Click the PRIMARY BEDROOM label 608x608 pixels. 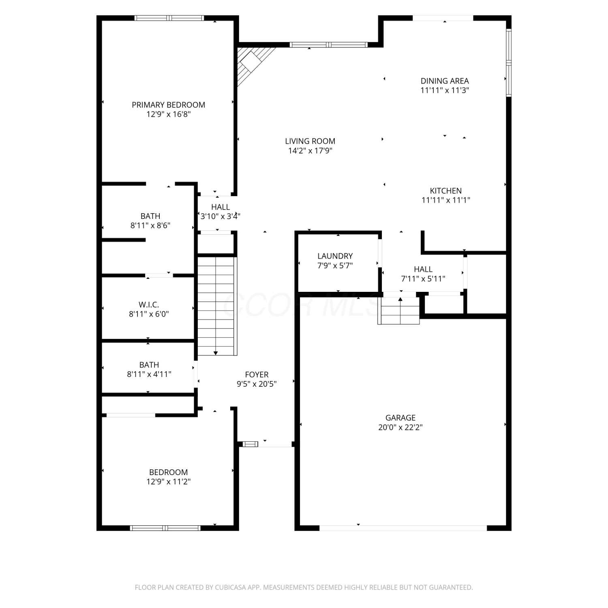tap(168, 105)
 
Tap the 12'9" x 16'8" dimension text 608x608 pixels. tap(168, 114)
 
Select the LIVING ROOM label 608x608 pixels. tap(310, 141)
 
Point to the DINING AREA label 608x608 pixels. tap(445, 81)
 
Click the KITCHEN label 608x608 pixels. tap(446, 191)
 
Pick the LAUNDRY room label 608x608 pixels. tap(335, 256)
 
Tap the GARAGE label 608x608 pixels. tap(400, 417)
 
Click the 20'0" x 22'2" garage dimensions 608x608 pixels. tap(400, 427)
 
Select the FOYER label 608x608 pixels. tap(257, 375)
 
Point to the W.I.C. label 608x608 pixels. tap(149, 304)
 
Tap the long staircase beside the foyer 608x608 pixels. tap(216, 306)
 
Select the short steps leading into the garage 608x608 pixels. tap(399, 310)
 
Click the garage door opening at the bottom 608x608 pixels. tap(403, 528)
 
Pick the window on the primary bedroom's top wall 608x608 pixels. tap(169, 18)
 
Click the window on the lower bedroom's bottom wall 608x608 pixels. tap(165, 528)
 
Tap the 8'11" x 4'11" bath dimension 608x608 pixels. tap(149, 375)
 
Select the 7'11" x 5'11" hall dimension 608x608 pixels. tap(423, 279)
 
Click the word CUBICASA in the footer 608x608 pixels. tap(230, 587)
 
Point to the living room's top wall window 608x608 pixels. tap(328, 45)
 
